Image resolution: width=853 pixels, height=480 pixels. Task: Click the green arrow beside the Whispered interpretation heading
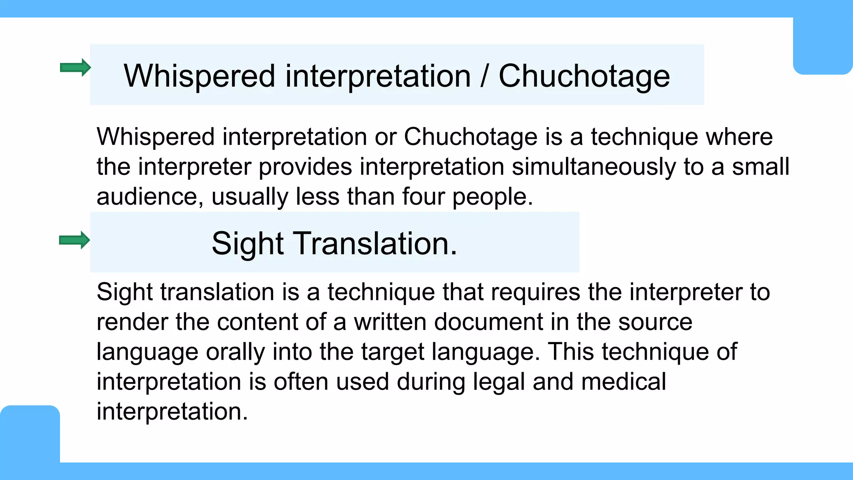[75, 67]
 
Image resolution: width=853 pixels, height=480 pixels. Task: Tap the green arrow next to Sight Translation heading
[75, 240]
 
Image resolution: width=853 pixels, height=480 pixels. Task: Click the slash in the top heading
[484, 76]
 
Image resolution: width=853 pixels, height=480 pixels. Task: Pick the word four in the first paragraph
[423, 197]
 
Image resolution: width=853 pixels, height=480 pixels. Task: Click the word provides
[305, 167]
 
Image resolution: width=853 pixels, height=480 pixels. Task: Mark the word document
[489, 322]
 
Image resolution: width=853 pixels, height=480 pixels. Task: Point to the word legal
[499, 382]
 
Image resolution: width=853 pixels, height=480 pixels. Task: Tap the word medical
[623, 382]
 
